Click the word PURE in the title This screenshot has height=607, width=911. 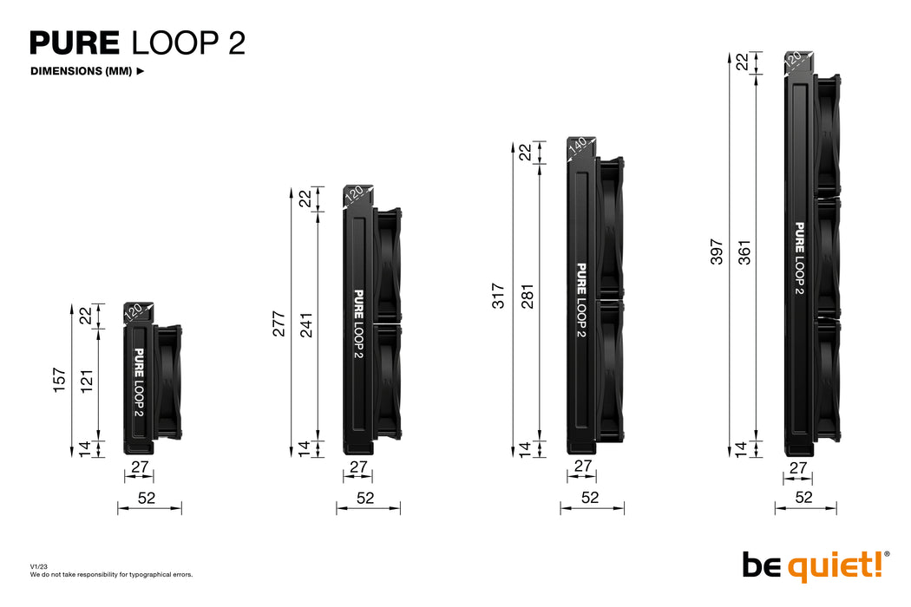pos(75,42)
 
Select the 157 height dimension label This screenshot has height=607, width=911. pos(60,379)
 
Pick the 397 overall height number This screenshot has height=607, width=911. pos(717,251)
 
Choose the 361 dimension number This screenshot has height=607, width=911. pos(744,251)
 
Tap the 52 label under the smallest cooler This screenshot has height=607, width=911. pos(147,497)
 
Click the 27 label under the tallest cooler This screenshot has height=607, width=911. pos(799,468)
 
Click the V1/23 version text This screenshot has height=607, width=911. pos(41,566)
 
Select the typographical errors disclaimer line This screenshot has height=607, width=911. pos(111,574)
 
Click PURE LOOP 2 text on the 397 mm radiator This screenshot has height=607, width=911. pos(799,258)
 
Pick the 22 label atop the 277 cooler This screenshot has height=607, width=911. pos(305,198)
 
